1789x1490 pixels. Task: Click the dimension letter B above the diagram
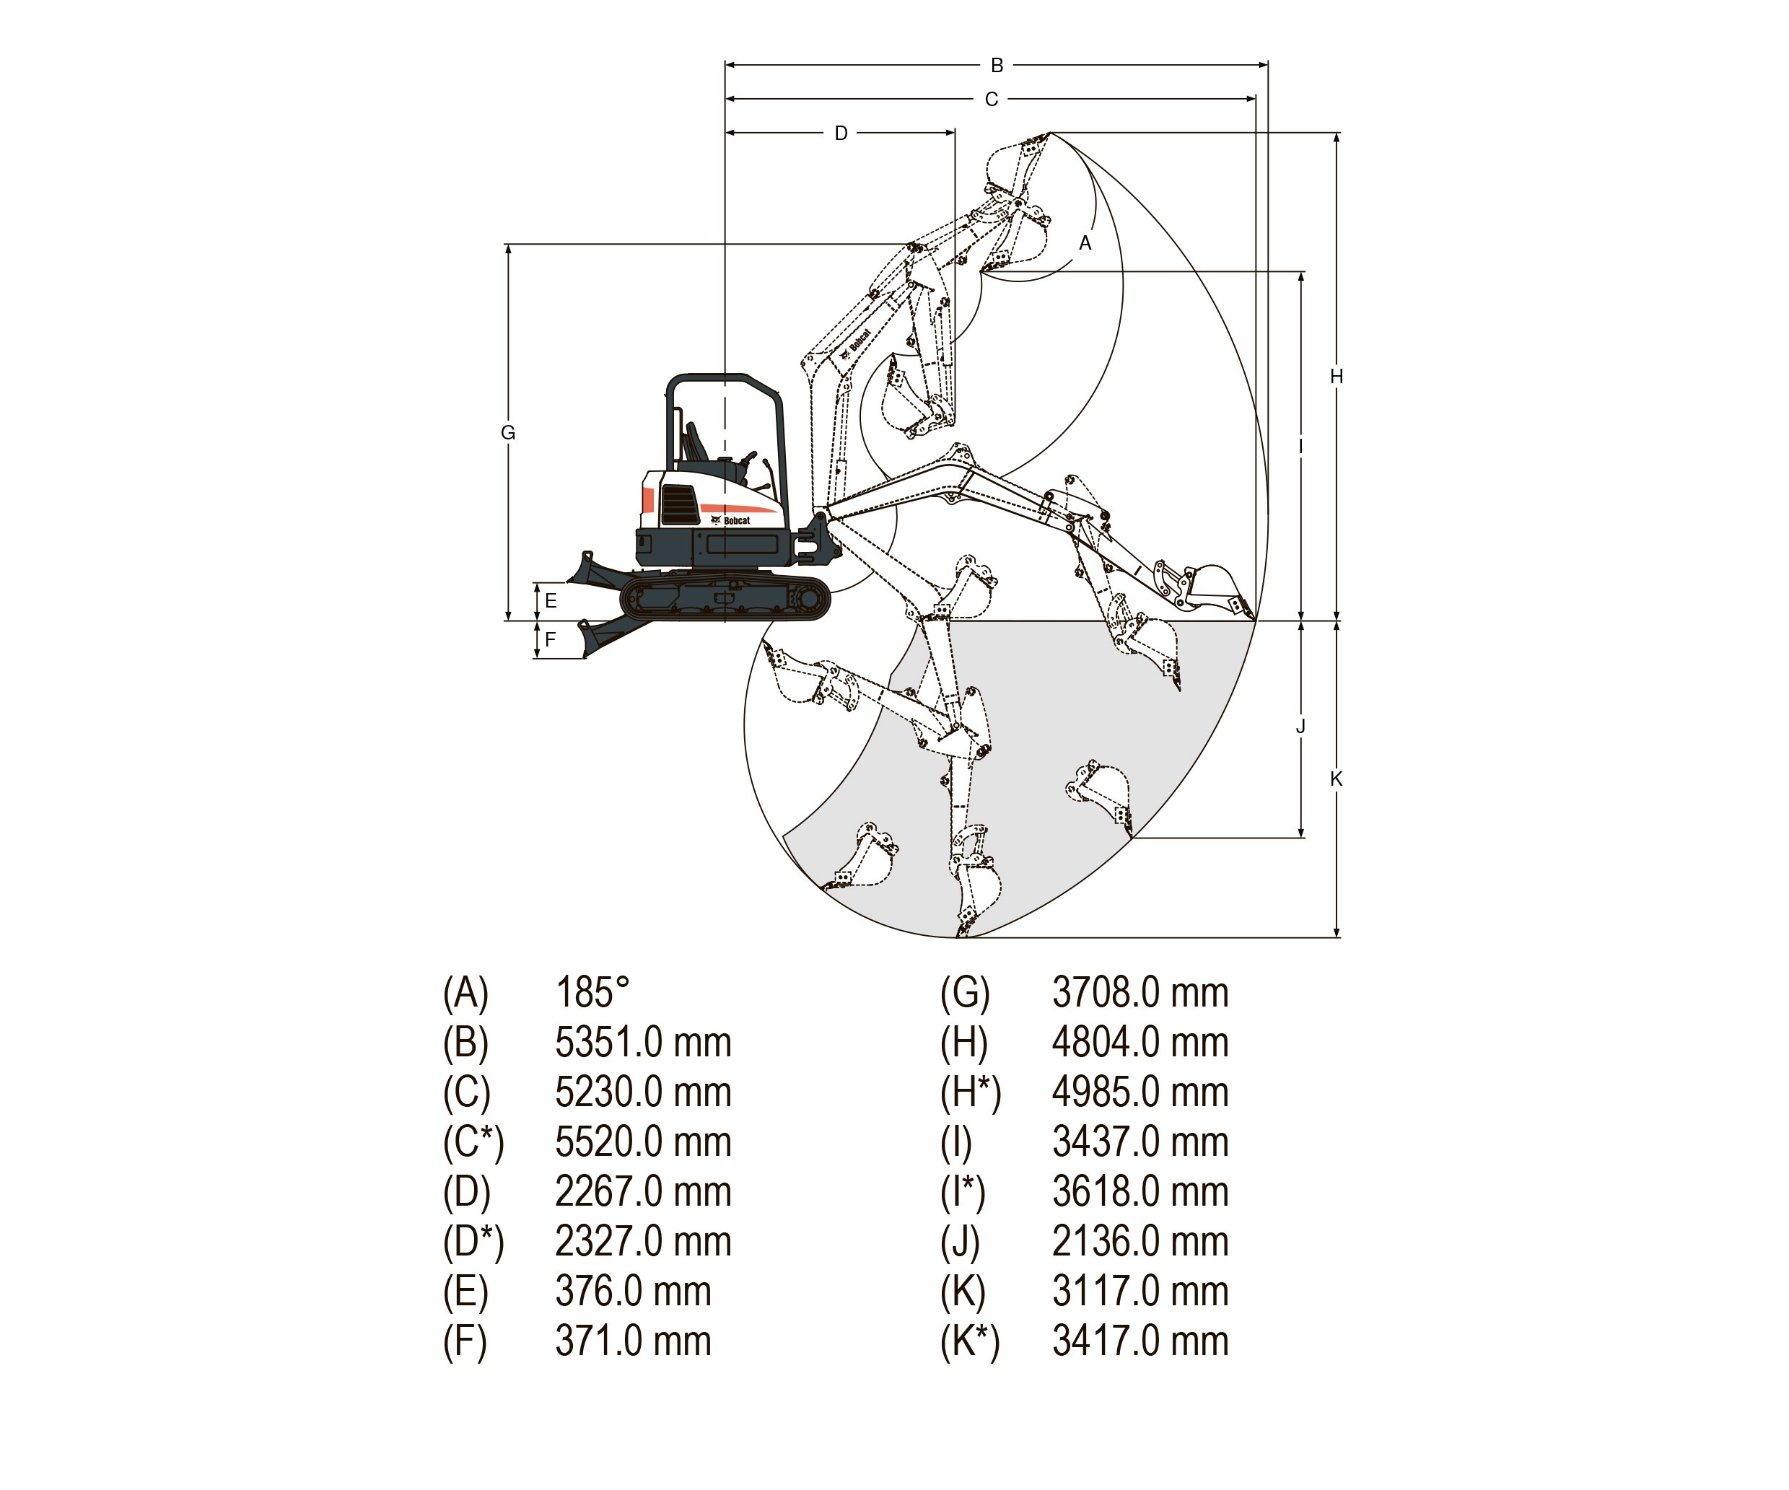click(997, 66)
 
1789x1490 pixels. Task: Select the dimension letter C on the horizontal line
click(991, 100)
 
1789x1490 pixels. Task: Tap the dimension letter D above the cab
click(841, 133)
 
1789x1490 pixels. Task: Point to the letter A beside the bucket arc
click(1085, 242)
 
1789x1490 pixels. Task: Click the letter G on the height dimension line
click(508, 433)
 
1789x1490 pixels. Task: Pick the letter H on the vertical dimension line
click(1337, 376)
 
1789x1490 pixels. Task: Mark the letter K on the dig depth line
click(1336, 779)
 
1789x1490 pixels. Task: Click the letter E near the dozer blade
click(551, 600)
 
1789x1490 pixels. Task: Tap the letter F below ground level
click(551, 639)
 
